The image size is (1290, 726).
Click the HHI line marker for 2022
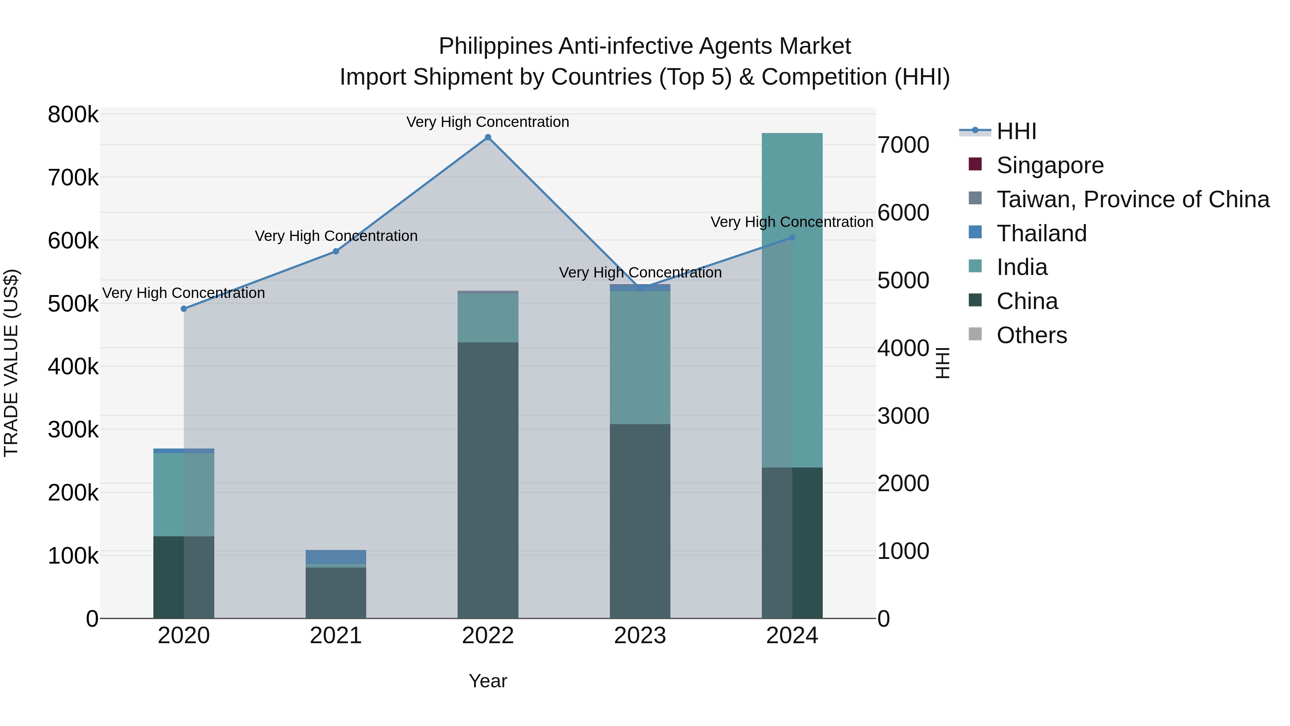[488, 137]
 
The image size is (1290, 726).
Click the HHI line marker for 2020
[184, 309]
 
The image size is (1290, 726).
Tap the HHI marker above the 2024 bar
[792, 237]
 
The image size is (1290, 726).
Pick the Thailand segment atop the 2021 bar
[335, 557]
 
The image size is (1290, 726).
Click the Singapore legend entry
[1050, 165]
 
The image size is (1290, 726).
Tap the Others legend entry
[1032, 335]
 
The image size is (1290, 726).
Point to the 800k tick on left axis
[73, 115]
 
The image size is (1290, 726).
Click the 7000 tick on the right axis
[903, 145]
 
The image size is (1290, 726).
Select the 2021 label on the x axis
[335, 636]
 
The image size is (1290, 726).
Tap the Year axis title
[488, 681]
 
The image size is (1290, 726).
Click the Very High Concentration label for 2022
[488, 122]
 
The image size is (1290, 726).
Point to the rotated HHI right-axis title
[942, 363]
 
